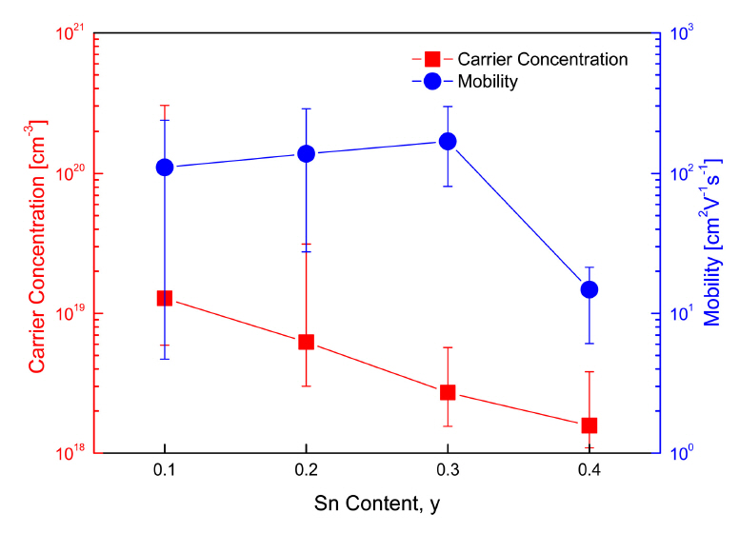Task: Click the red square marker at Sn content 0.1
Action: (x=165, y=298)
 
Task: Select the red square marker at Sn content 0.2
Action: (x=306, y=342)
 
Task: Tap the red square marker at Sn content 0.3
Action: (x=448, y=392)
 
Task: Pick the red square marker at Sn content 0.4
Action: (x=589, y=425)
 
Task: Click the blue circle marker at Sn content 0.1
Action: (x=165, y=168)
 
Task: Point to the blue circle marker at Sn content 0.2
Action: (x=306, y=153)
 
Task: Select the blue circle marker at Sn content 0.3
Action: (x=448, y=141)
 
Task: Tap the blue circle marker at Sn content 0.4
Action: (x=589, y=289)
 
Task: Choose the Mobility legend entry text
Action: (x=488, y=82)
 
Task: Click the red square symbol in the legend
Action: (x=432, y=59)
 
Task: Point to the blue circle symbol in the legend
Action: (x=432, y=82)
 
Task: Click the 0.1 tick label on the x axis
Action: (x=165, y=473)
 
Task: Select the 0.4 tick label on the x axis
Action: (x=589, y=473)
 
